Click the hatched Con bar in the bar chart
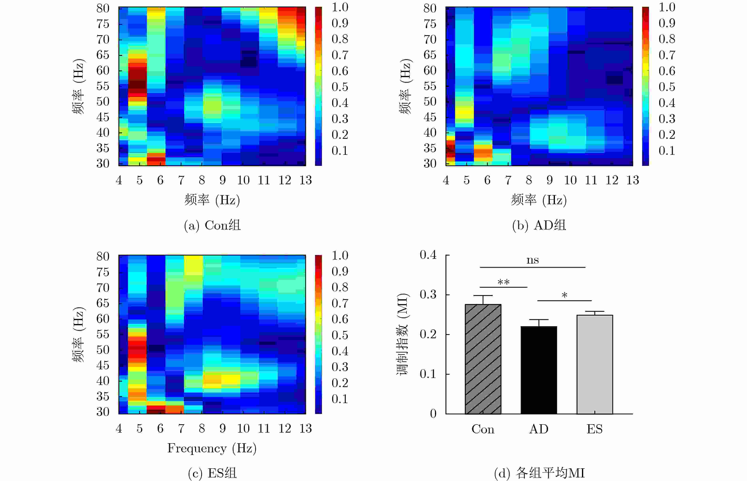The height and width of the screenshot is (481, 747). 483,359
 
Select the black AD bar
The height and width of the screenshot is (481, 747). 539,370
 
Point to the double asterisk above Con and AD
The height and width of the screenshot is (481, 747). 503,282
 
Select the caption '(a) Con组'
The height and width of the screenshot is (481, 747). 212,226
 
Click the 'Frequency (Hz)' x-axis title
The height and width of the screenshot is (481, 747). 212,448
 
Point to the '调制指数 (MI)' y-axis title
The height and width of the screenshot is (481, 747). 403,334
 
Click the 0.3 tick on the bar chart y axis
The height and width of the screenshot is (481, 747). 428,295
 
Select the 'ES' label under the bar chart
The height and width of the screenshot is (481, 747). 594,429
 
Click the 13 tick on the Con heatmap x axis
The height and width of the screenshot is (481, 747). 306,180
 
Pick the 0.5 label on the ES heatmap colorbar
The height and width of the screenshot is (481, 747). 340,335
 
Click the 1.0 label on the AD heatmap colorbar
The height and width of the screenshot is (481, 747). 667,7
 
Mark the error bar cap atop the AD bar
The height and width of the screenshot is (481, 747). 539,319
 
